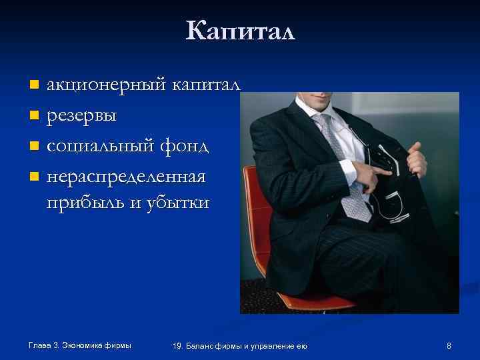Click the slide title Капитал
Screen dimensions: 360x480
coord(240,31)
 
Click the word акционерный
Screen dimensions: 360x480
coord(107,85)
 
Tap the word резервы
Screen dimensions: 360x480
coord(81,116)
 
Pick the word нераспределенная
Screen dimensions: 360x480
coord(126,177)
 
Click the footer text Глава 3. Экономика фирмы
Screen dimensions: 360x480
coord(80,345)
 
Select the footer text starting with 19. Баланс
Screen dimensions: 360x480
coord(239,345)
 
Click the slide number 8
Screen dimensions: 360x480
coord(449,345)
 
